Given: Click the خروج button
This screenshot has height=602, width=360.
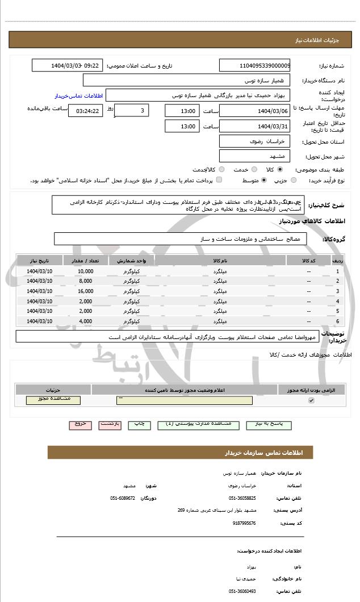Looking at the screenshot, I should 79,424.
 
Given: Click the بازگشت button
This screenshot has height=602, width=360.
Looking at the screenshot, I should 110,424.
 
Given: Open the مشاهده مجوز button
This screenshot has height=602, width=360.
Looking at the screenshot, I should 53,400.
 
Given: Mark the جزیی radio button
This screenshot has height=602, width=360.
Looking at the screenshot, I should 293,180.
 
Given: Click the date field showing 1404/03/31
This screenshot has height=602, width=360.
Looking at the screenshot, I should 254,126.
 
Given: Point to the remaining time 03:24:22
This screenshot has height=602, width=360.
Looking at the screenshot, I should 86,111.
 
